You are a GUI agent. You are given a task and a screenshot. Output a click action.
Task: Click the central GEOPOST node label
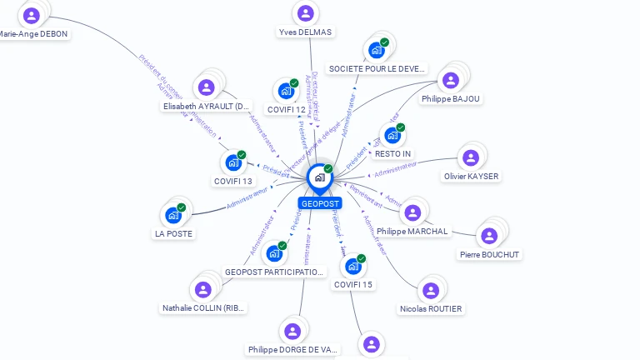pyautogui.click(x=320, y=203)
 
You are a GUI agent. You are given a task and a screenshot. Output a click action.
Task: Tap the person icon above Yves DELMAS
pyautogui.click(x=305, y=13)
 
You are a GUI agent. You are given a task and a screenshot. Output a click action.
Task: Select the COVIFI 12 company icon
pyautogui.click(x=286, y=91)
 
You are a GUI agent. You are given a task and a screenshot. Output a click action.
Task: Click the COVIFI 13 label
pyautogui.click(x=233, y=181)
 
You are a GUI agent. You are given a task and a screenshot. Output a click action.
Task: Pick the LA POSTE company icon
pyautogui.click(x=173, y=216)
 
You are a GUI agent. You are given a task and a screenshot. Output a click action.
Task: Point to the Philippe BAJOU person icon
pyautogui.click(x=451, y=80)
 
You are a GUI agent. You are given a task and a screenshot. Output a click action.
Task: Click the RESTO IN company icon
pyautogui.click(x=392, y=135)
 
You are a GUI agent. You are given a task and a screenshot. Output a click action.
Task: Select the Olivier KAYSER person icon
pyautogui.click(x=471, y=157)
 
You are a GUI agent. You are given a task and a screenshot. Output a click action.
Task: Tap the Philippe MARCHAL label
pyautogui.click(x=412, y=231)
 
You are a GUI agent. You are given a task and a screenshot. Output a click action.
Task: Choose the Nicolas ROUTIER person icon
pyautogui.click(x=430, y=291)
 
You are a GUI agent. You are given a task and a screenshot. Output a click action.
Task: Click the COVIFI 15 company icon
pyautogui.click(x=353, y=267)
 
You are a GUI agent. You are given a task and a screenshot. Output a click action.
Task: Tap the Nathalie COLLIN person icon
pyautogui.click(x=202, y=290)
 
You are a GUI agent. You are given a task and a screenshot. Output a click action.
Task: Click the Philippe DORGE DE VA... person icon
pyautogui.click(x=292, y=331)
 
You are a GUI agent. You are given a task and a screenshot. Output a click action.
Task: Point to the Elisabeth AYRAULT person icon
pyautogui.click(x=206, y=87)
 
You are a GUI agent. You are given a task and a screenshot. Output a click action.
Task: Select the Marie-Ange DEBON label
pyautogui.click(x=33, y=34)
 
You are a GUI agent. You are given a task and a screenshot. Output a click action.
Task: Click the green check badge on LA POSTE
pyautogui.click(x=182, y=207)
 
